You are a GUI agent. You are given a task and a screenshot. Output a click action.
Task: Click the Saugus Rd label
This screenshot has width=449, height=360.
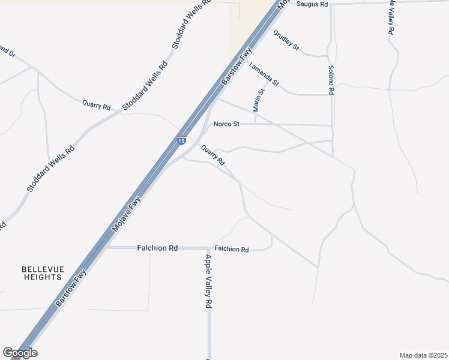[312, 4]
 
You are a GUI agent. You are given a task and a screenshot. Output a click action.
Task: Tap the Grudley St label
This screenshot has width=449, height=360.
[286, 40]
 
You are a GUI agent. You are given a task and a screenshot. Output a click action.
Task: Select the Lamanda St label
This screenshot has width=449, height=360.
[264, 74]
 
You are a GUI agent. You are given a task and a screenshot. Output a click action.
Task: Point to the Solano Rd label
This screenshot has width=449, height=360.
[330, 80]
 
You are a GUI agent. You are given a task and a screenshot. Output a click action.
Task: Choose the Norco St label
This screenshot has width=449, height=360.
[227, 124]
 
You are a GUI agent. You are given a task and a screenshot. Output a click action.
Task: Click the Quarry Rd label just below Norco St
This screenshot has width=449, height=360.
[213, 155]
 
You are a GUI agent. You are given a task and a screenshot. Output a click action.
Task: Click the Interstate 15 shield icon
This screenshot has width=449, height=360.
[181, 140]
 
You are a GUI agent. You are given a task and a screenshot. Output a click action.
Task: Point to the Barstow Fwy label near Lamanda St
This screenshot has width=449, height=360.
[236, 67]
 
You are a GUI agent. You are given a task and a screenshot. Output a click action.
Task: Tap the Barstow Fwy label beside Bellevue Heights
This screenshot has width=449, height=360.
[71, 288]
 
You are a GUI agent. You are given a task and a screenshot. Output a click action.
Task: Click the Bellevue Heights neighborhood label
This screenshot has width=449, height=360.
[42, 273]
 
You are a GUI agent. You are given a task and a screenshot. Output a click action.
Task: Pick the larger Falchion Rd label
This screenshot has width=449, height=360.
[157, 247]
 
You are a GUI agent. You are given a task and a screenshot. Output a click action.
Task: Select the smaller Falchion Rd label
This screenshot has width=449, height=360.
[231, 249]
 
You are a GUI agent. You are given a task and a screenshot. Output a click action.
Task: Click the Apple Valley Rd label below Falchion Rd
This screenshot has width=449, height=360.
[208, 281]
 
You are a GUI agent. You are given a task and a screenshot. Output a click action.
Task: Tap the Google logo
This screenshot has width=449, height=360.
[20, 353]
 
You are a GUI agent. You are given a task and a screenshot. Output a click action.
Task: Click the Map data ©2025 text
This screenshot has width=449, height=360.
[423, 355]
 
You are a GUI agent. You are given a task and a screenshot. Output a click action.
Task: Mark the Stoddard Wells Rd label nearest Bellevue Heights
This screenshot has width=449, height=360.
[50, 169]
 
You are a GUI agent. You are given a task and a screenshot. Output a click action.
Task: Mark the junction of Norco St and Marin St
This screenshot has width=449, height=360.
[256, 125]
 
